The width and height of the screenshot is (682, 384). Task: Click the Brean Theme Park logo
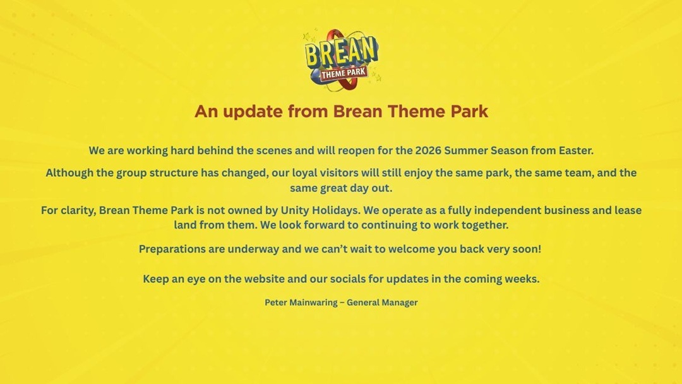pos(341,57)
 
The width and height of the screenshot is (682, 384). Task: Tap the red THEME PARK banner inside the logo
pos(344,73)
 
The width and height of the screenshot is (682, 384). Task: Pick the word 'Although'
pos(69,172)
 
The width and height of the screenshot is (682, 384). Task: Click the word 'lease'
pos(626,210)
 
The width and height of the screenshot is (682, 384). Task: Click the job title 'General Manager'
pos(382,303)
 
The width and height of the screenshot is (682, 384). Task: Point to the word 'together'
pos(484,225)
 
